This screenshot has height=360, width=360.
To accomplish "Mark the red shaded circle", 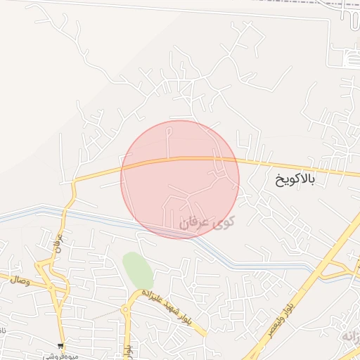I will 180,179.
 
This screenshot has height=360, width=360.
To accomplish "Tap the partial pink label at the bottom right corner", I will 352,337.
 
